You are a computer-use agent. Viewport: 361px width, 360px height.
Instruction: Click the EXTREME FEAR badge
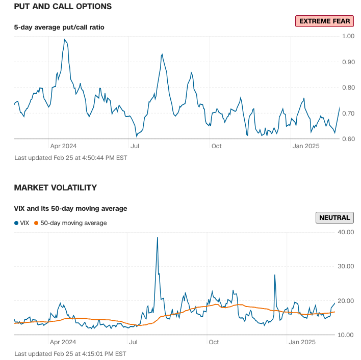click(324, 21)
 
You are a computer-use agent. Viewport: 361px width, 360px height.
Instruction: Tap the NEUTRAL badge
click(334, 217)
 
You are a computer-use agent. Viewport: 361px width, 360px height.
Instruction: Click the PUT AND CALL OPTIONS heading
click(63, 7)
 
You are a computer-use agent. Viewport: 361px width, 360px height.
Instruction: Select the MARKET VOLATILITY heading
click(55, 188)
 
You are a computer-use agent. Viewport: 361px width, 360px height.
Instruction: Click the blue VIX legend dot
click(16, 223)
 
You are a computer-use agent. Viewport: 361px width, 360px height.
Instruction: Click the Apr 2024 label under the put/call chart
click(63, 146)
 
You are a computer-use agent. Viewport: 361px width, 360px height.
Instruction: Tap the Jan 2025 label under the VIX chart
click(304, 342)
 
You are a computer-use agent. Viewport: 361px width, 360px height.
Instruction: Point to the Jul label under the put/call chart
click(135, 146)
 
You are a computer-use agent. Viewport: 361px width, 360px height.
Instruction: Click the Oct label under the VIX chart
click(214, 342)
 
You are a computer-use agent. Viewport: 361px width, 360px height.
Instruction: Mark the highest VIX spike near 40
click(157, 237)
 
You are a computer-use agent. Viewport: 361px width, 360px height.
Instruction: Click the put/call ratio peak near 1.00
click(64, 39)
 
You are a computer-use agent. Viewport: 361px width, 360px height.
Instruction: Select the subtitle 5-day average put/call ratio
click(59, 27)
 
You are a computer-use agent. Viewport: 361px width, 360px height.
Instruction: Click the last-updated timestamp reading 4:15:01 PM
click(70, 353)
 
